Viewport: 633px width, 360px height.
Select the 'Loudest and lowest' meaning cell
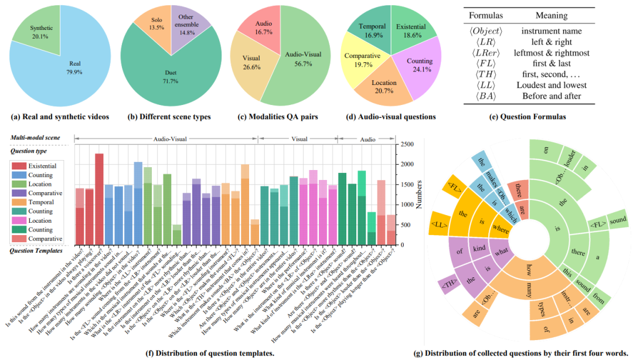click(x=554, y=86)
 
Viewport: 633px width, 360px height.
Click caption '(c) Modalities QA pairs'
click(x=274, y=117)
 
